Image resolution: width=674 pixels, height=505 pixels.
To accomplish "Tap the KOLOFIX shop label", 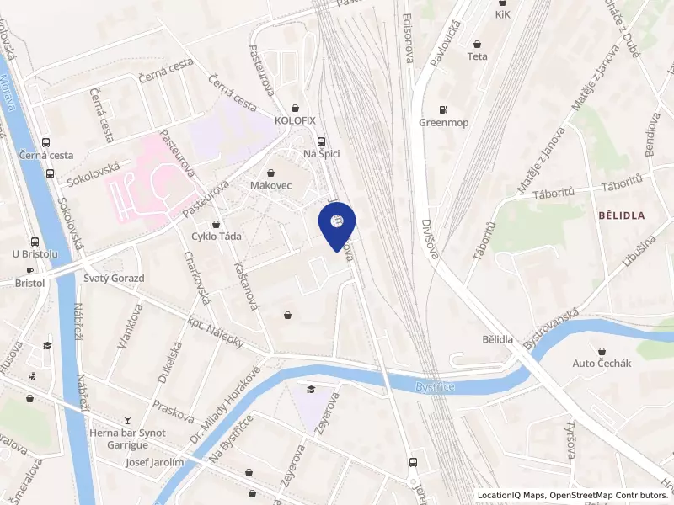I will pyautogui.click(x=294, y=120).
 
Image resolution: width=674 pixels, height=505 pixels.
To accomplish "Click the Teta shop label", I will pyautogui.click(x=478, y=57).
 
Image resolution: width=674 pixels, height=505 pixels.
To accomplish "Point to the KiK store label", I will pyautogui.click(x=503, y=15).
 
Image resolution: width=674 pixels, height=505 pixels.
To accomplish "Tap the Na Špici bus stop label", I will pyautogui.click(x=320, y=153).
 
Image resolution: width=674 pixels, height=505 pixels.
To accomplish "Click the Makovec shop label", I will pyautogui.click(x=270, y=183).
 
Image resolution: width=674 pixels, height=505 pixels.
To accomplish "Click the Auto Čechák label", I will pyautogui.click(x=602, y=363).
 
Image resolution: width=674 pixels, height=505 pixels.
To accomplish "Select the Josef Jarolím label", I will pyautogui.click(x=154, y=462).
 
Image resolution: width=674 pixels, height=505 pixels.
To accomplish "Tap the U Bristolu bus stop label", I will pyautogui.click(x=35, y=253).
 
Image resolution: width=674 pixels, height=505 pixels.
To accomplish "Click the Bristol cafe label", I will pyautogui.click(x=30, y=284).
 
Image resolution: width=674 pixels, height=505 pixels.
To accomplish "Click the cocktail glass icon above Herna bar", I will pyautogui.click(x=128, y=419).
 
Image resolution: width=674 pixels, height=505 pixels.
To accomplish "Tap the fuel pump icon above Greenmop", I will pyautogui.click(x=442, y=109).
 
